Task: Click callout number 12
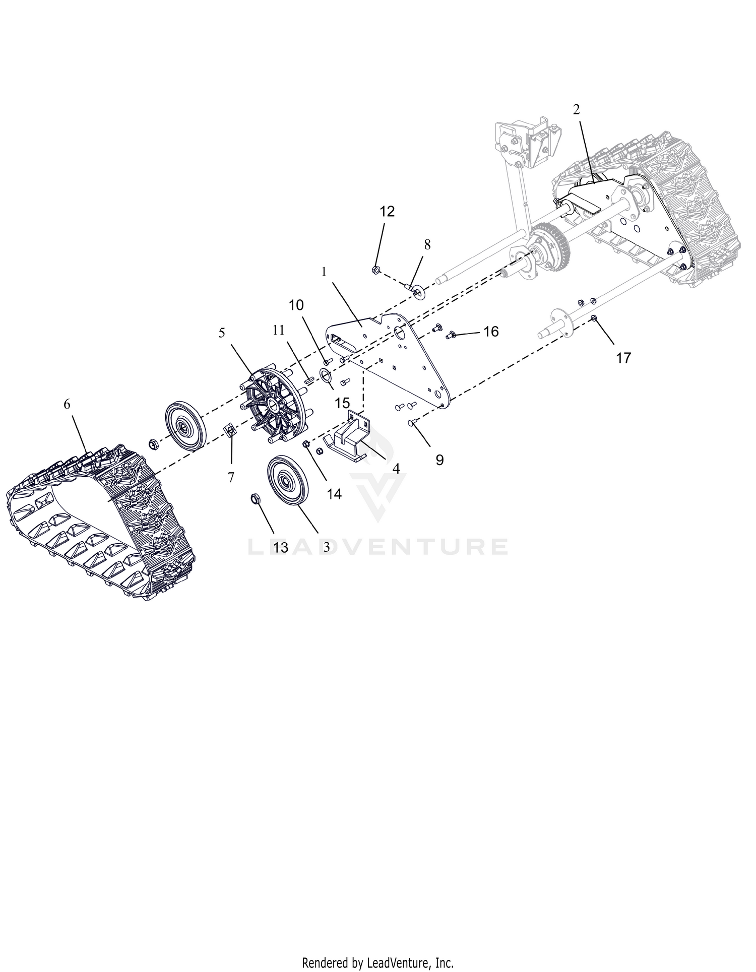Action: pyautogui.click(x=387, y=212)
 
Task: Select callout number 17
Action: pyautogui.click(x=623, y=358)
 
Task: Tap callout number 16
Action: pyautogui.click(x=491, y=331)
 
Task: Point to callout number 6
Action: pyautogui.click(x=68, y=404)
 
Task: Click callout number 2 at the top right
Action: pyautogui.click(x=577, y=109)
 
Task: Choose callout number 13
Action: pyautogui.click(x=281, y=547)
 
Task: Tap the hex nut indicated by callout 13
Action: pyautogui.click(x=255, y=499)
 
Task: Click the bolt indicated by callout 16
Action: pyautogui.click(x=451, y=335)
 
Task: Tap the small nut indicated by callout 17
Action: pyautogui.click(x=595, y=318)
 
